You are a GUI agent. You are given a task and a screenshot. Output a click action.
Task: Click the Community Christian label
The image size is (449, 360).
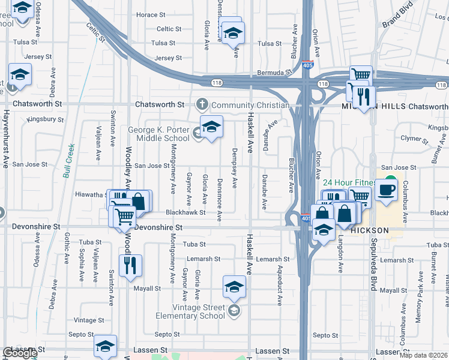(x=250, y=105)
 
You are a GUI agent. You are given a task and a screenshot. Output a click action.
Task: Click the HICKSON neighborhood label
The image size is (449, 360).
(x=369, y=230)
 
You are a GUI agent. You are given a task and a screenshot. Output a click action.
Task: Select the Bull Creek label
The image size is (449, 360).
(x=69, y=161)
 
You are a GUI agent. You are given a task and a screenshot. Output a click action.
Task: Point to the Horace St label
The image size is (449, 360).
(x=151, y=14)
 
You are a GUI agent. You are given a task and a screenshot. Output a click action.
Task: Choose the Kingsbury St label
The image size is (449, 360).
(x=46, y=119)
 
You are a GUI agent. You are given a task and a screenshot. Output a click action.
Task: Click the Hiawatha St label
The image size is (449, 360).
(x=90, y=194)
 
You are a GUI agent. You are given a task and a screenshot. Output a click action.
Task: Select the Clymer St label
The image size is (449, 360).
(x=412, y=140)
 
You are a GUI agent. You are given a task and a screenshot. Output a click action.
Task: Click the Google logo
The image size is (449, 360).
(x=19, y=353)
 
